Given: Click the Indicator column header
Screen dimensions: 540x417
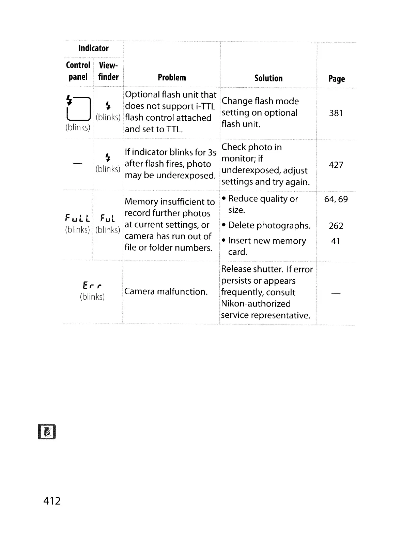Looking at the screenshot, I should (93, 48).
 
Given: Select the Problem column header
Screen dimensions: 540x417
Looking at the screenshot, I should (172, 78).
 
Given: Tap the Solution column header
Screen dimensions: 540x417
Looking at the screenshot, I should (268, 78).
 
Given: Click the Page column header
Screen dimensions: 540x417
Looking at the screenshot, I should (337, 79).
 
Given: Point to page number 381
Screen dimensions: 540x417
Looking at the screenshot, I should (336, 113).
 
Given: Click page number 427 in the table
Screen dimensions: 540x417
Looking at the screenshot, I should (336, 165).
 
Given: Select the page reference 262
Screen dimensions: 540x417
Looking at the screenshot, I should (336, 226).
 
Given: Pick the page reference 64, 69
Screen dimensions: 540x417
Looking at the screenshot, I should (336, 199).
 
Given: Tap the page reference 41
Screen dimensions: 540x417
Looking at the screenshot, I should (336, 241).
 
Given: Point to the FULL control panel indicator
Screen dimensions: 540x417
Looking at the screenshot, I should (78, 218).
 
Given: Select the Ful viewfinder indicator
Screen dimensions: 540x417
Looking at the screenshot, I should (108, 218).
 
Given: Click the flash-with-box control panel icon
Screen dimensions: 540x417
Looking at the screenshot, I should (78, 108).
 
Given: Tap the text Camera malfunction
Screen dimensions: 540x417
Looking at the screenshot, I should (166, 291).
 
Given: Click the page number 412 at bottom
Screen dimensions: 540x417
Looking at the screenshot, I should (52, 501).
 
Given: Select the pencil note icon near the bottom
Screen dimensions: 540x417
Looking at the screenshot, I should (47, 432).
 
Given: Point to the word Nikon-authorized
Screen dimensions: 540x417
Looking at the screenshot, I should (256, 304).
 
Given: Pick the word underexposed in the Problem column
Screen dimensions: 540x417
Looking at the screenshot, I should (185, 176).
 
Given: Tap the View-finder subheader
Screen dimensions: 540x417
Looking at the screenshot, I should (108, 71).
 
